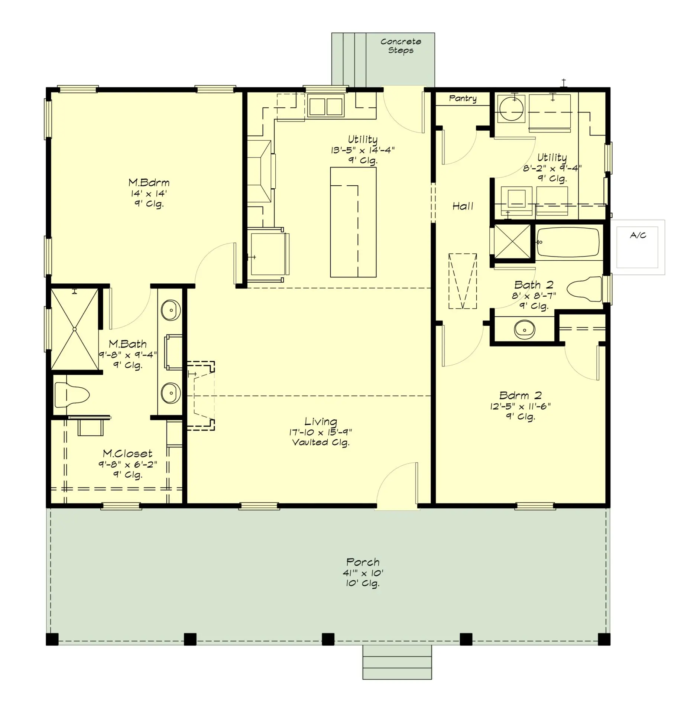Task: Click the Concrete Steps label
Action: [x=401, y=46]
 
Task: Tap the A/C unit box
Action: [x=637, y=247]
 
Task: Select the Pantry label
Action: [x=463, y=98]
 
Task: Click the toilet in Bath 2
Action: [x=584, y=289]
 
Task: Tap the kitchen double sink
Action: [x=325, y=106]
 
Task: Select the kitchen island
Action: [x=353, y=222]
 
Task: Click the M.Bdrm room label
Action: [x=149, y=183]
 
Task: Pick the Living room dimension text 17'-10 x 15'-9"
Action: [x=320, y=432]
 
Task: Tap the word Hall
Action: [x=463, y=206]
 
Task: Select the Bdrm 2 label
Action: [x=520, y=395]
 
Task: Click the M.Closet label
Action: [x=127, y=453]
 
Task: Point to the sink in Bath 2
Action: [x=524, y=329]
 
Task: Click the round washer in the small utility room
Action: [x=511, y=108]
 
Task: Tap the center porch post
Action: [x=328, y=639]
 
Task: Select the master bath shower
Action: [x=75, y=329]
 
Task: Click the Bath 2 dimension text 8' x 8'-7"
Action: [x=534, y=296]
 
